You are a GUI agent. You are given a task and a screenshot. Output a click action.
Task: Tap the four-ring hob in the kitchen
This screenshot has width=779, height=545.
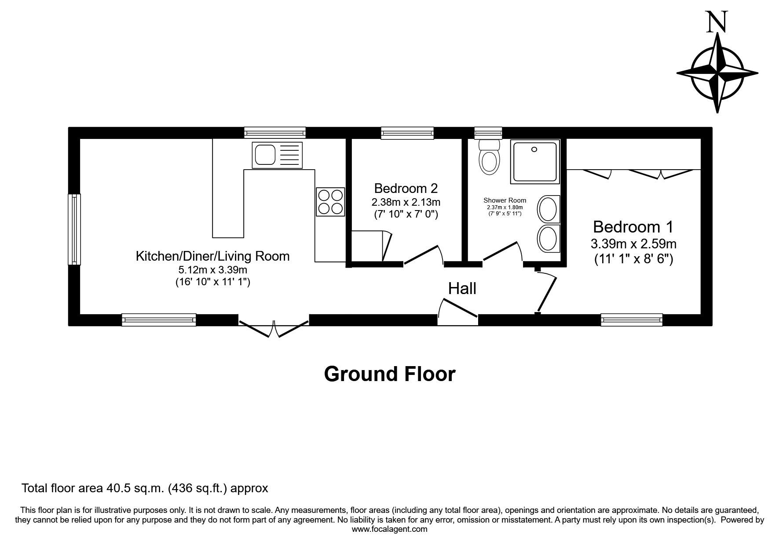click(x=330, y=201)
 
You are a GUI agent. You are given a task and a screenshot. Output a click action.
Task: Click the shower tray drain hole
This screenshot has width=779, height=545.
click(x=534, y=149)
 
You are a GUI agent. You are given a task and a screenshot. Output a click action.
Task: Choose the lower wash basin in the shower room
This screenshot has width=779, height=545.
click(x=548, y=239)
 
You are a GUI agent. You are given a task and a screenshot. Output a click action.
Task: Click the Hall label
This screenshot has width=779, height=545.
click(x=462, y=289)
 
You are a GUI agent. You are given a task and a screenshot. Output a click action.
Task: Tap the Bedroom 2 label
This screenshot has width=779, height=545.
click(x=406, y=189)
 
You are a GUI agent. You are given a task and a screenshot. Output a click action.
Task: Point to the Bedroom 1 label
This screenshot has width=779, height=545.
click(x=633, y=227)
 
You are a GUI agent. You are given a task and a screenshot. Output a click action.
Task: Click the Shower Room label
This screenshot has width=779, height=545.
click(x=505, y=200)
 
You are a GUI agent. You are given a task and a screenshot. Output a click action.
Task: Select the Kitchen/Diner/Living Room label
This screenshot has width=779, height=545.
click(x=212, y=256)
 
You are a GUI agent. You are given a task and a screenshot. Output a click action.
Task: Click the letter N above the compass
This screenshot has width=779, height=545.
click(x=717, y=22)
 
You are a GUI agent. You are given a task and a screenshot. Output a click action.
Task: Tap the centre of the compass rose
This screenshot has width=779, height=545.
click(x=717, y=73)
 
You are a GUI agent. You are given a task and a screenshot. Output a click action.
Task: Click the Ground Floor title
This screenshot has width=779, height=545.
click(x=390, y=374)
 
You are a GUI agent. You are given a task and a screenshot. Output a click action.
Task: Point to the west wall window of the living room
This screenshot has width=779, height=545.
click(x=74, y=229)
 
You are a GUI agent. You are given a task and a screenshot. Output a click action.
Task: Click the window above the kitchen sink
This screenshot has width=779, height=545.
click(x=275, y=133)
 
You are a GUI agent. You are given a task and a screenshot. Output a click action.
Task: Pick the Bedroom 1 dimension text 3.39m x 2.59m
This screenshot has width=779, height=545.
click(x=633, y=243)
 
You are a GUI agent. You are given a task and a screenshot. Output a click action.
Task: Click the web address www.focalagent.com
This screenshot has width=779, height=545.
click(x=389, y=529)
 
